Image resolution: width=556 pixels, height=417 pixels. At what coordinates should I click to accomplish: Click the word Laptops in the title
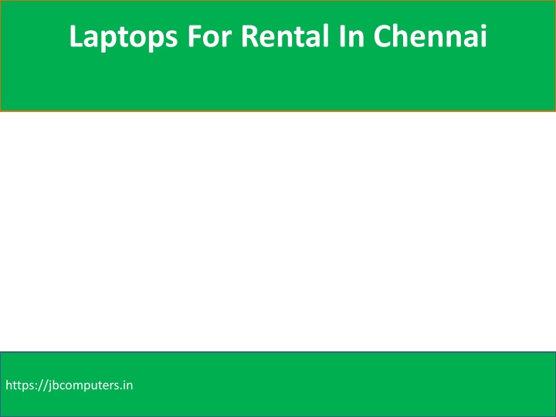(124, 37)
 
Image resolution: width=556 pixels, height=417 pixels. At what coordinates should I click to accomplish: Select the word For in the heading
(209, 36)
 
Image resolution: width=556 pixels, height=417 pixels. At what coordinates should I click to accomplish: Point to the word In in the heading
(351, 36)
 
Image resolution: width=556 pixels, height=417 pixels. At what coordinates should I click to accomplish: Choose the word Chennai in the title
(430, 36)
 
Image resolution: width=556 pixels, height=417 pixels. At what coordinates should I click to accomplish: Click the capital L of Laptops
(76, 36)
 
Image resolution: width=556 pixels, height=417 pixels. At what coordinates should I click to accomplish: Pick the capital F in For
(195, 36)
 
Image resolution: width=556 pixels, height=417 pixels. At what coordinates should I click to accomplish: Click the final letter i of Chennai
(483, 36)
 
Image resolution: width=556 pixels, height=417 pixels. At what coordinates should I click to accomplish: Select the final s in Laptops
(171, 39)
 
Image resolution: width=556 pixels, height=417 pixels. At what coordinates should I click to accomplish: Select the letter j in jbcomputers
(50, 387)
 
